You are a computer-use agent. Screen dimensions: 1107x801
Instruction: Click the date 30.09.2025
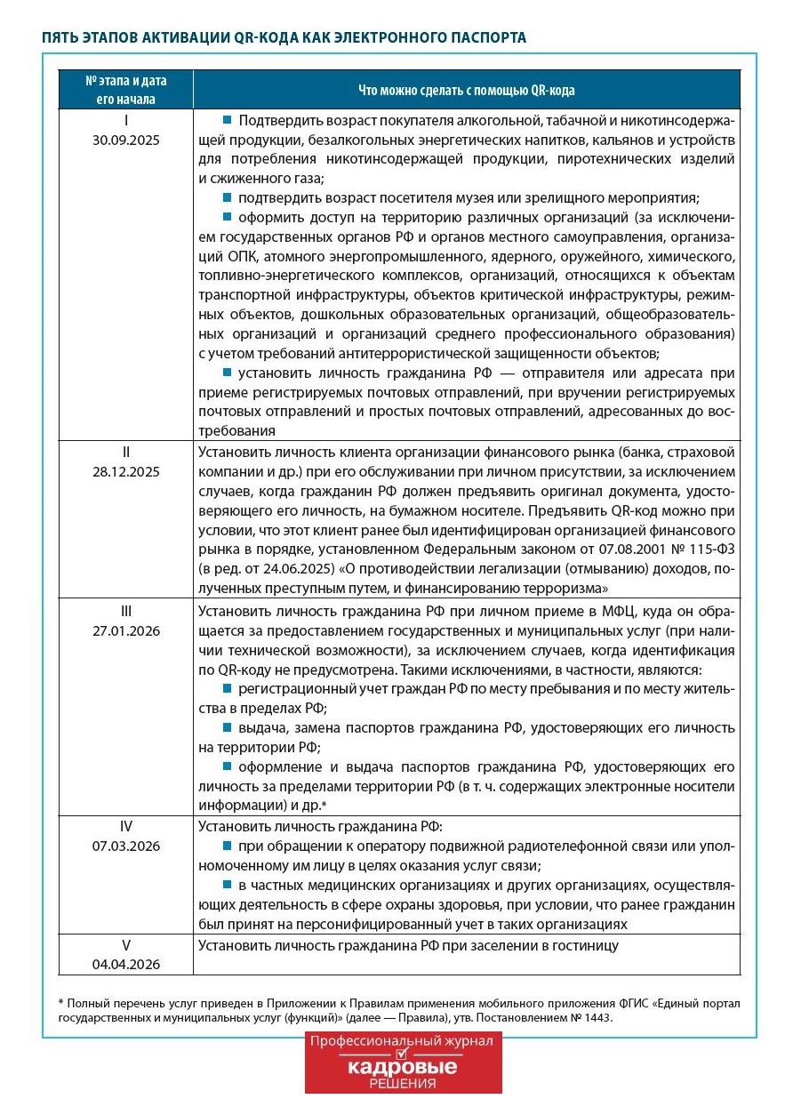pos(126,140)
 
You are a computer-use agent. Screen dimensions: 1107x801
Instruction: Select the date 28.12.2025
pos(126,471)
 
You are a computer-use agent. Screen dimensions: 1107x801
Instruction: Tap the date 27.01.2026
pos(126,631)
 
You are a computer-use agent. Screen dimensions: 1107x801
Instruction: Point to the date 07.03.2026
pos(126,846)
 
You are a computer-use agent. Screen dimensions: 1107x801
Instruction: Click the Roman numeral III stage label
pos(126,611)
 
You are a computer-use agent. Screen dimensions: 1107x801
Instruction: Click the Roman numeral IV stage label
pos(126,825)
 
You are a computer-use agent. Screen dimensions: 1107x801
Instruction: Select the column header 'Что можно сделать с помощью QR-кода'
pos(466,90)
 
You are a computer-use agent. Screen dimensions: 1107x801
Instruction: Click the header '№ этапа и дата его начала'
pos(126,90)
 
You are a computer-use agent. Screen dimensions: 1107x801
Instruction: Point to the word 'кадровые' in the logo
pos(403,1066)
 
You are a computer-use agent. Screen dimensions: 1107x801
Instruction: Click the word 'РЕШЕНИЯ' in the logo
pos(403,1084)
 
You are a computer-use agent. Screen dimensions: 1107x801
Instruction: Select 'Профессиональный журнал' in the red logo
pos(403,1041)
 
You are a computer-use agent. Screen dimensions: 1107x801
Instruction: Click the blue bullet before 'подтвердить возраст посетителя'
pos(228,197)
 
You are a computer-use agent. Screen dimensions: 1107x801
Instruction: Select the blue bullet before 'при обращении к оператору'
pos(228,845)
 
